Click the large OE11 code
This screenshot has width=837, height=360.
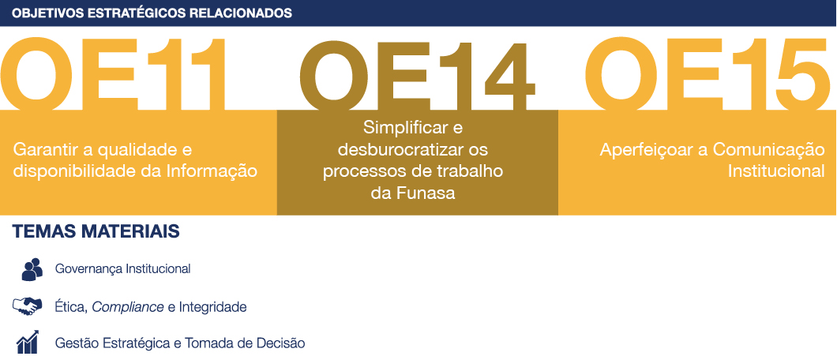(114, 73)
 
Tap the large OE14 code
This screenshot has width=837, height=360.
(417, 75)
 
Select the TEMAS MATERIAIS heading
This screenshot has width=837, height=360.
(96, 231)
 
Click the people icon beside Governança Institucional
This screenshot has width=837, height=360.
(32, 269)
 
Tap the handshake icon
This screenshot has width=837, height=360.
(27, 306)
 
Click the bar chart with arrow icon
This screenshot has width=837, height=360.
(27, 342)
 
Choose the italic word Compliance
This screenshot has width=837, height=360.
(128, 307)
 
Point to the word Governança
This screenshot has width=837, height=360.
(88, 268)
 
